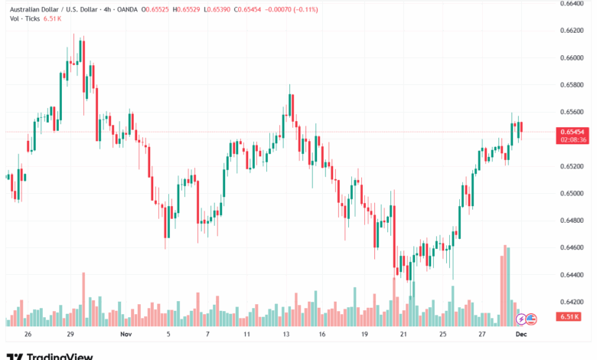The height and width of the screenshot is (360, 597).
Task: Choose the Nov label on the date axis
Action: [x=126, y=335]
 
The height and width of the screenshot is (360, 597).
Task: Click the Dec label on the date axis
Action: [x=521, y=335]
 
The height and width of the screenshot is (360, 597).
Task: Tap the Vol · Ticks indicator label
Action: [x=22, y=20]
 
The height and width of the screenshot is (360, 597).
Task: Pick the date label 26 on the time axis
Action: [x=28, y=335]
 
